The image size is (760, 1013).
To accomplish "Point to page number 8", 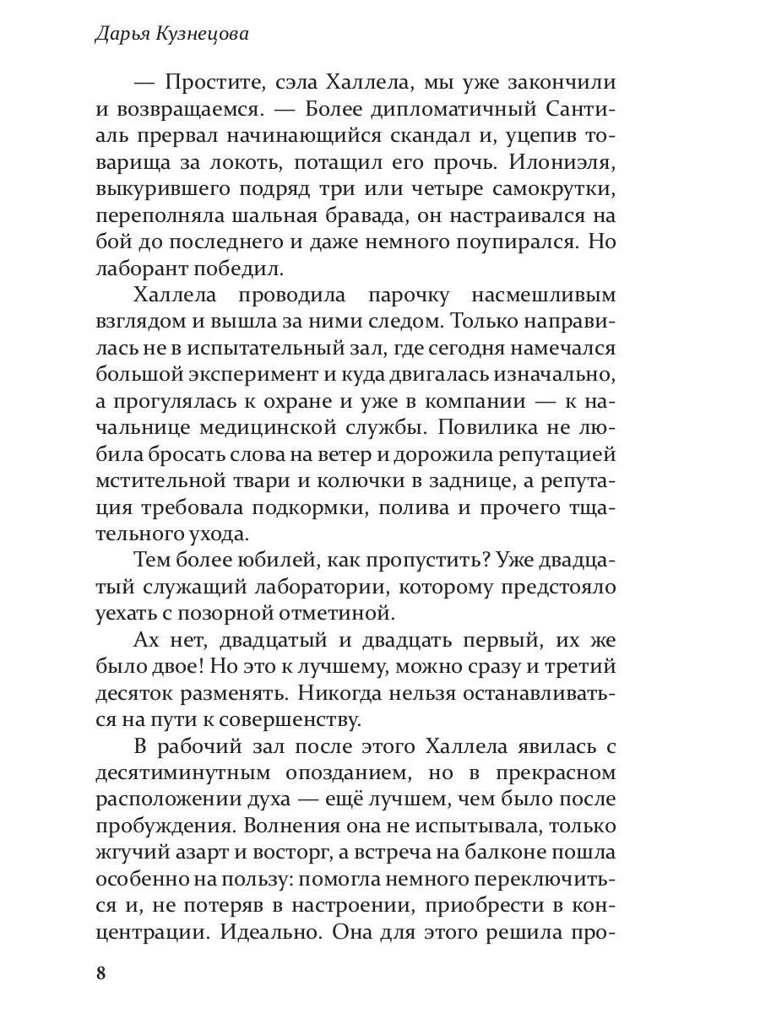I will [x=101, y=972].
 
